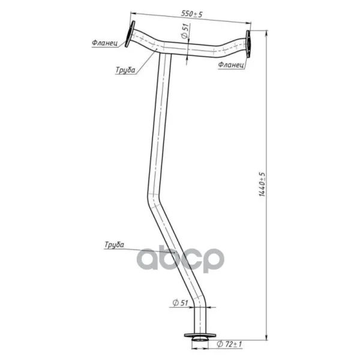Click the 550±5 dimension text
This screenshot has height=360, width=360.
click(192, 14)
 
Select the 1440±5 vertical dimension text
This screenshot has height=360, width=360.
click(262, 184)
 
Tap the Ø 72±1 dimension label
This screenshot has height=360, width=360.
click(229, 344)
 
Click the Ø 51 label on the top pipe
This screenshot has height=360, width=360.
click(185, 31)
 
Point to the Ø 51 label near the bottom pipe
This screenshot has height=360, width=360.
click(180, 303)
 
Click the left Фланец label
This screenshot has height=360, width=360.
click(104, 43)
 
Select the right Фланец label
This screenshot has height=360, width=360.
click(231, 65)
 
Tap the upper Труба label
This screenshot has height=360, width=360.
click(125, 70)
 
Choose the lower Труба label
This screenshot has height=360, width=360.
click(114, 245)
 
